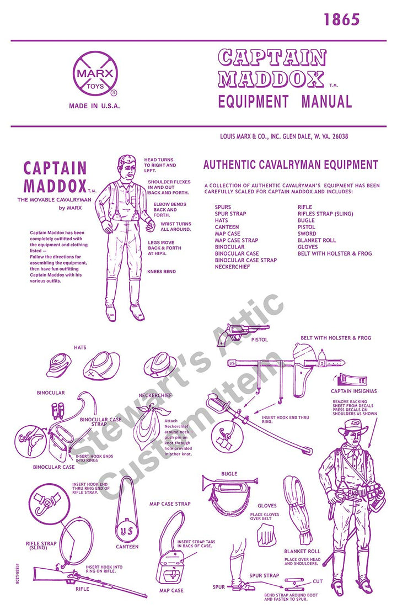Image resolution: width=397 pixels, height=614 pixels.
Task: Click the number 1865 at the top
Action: pos(341,20)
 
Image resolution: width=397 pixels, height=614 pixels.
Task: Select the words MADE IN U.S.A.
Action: pos(94,105)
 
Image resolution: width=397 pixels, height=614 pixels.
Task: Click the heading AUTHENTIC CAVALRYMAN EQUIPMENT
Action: pos(291,165)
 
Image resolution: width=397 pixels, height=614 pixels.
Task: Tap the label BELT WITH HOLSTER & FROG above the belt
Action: pos(336,337)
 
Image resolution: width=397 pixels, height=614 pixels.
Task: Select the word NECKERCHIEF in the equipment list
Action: pos(232,267)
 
